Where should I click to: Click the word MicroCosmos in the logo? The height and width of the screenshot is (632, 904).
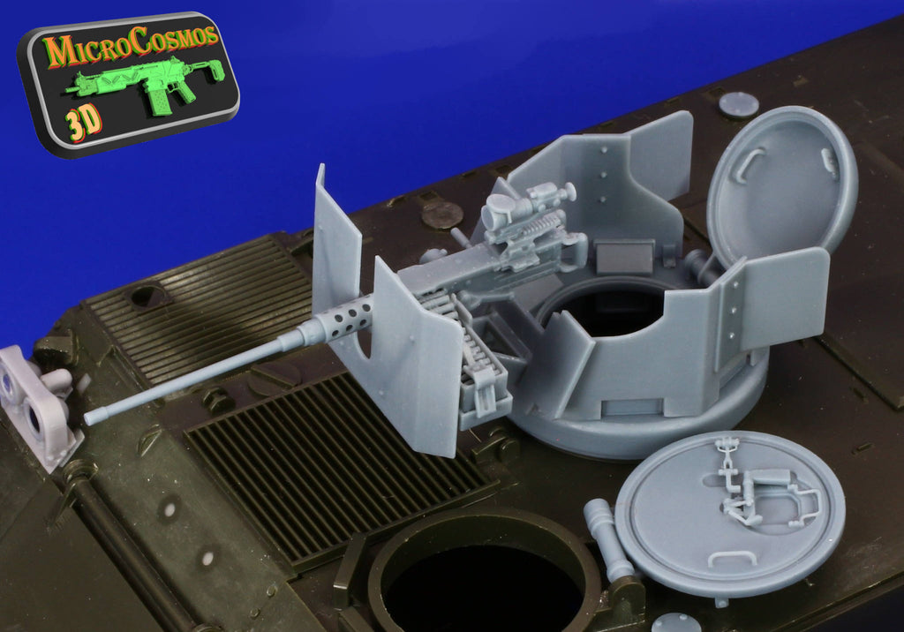tap(131, 44)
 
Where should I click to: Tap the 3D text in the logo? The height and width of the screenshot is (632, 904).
tap(83, 124)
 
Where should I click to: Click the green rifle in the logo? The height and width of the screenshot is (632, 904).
tap(146, 84)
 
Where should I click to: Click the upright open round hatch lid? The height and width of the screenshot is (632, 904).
tap(782, 181)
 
